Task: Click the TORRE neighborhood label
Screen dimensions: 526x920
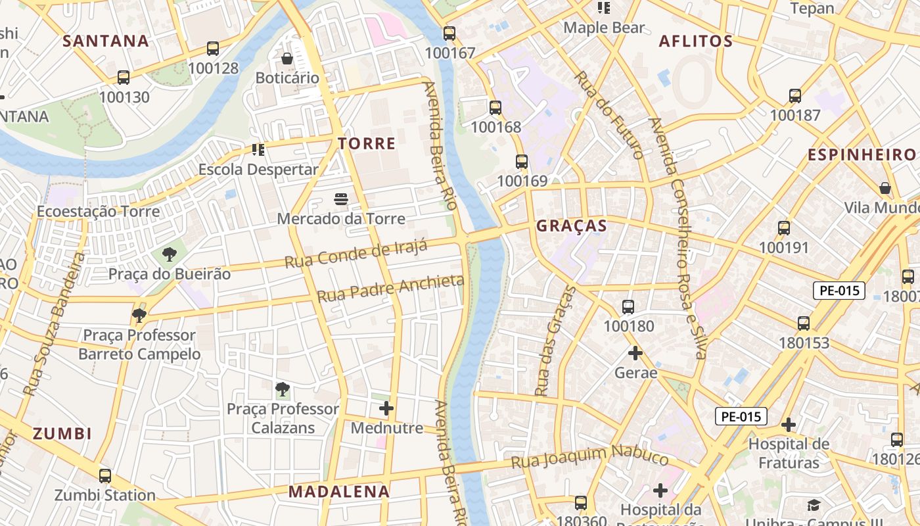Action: tap(367, 143)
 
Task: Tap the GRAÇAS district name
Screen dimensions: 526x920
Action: tap(571, 226)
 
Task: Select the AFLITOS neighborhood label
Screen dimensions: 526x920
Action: tap(695, 41)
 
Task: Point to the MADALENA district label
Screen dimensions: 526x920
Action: tap(338, 491)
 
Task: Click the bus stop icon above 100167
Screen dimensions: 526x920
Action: tap(449, 34)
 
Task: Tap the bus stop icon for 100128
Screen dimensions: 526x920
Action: tap(213, 49)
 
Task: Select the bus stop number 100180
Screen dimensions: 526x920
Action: tap(628, 326)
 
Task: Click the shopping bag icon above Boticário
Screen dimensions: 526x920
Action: tap(287, 59)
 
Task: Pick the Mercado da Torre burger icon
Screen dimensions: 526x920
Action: tap(340, 199)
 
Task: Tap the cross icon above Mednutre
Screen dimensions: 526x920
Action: tap(386, 409)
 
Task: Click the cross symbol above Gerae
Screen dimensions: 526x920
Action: tap(635, 354)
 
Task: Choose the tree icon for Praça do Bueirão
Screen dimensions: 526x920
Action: tap(170, 254)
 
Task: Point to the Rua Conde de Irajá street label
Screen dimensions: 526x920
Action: tap(356, 254)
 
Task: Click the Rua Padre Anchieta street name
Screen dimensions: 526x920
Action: tap(390, 289)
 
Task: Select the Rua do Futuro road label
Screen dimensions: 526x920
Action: tap(609, 114)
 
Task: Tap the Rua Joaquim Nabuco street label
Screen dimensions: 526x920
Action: tap(589, 456)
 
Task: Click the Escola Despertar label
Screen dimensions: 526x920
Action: tap(258, 169)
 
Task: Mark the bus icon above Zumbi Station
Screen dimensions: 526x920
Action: tap(105, 475)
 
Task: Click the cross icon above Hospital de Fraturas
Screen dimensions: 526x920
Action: tap(789, 424)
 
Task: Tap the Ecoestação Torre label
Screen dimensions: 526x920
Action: tap(98, 211)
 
